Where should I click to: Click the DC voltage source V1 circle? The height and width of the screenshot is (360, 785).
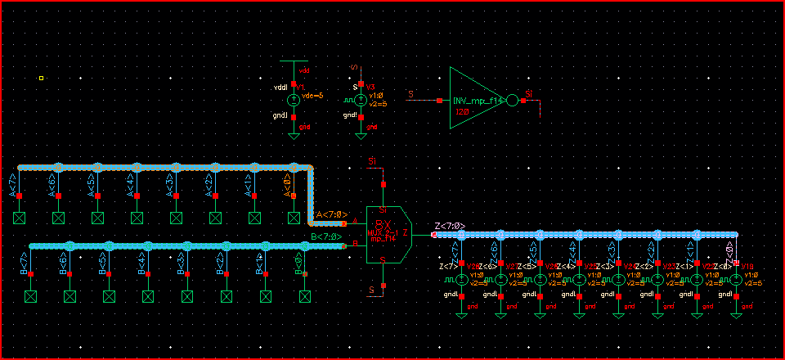(x=294, y=101)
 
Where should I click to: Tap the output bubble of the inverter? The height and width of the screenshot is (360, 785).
(x=513, y=101)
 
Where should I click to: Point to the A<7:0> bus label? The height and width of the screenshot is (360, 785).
(x=331, y=215)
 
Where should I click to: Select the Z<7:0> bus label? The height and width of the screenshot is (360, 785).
(x=450, y=226)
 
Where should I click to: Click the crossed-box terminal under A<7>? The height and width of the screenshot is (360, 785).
(x=19, y=218)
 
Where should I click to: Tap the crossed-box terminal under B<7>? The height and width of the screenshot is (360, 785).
(x=31, y=295)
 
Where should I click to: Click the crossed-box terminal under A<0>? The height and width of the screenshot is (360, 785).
(x=294, y=218)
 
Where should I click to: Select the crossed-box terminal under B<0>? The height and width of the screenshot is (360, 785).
(x=305, y=295)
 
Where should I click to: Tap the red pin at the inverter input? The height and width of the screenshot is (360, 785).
(x=439, y=101)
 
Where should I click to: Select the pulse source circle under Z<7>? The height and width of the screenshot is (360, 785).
(x=461, y=280)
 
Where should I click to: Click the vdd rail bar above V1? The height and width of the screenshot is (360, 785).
(x=294, y=61)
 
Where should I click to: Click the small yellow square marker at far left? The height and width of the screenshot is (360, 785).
(x=41, y=79)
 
